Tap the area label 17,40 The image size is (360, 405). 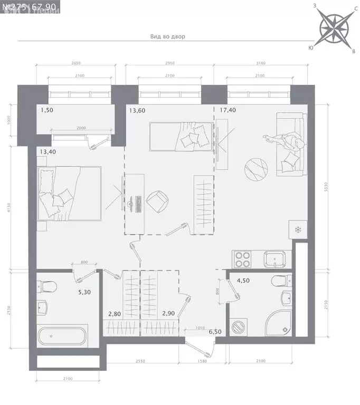pos(226,111)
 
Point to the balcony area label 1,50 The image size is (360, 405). pos(48,111)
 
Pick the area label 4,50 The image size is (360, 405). pos(243,281)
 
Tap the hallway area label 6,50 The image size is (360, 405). pos(215,332)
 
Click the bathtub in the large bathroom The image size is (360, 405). pos(61,335)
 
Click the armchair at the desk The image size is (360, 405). pos(157,201)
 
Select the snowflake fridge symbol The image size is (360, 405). pos(297,230)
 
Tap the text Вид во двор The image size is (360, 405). pos(167,36)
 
